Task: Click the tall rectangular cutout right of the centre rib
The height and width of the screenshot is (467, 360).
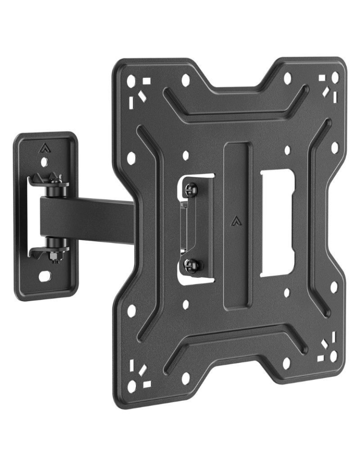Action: pyautogui.click(x=276, y=223)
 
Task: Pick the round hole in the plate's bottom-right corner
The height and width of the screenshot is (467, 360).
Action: pyautogui.click(x=333, y=356)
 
